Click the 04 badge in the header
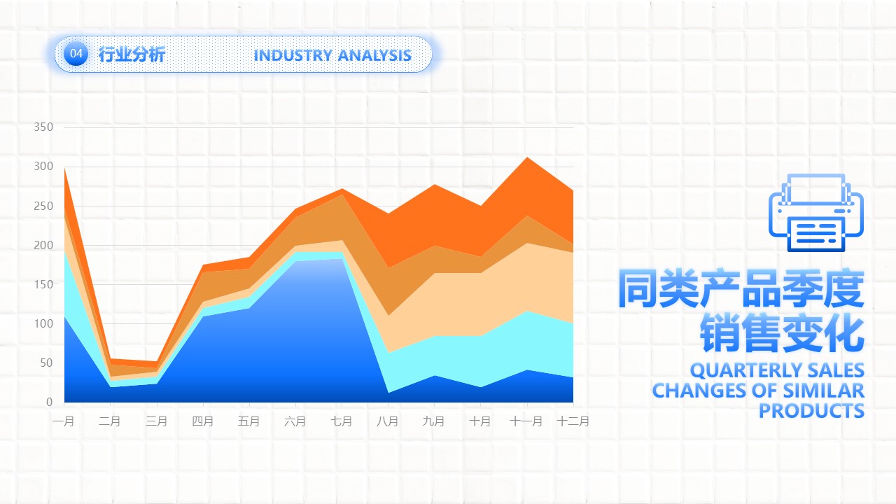tap(76, 53)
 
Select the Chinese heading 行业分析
tap(132, 55)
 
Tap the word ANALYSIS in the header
tap(374, 55)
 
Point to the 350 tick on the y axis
tap(43, 127)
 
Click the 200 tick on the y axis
tap(43, 245)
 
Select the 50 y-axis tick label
tap(46, 363)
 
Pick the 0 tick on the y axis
tap(49, 402)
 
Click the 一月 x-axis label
tap(63, 421)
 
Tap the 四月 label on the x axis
tap(202, 421)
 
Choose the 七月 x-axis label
tap(341, 421)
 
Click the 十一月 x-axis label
tap(526, 421)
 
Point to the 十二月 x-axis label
tap(573, 421)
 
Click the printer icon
tap(816, 212)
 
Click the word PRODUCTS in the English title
tap(811, 411)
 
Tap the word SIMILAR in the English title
tap(824, 391)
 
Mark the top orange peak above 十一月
tap(527, 157)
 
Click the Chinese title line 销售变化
tap(782, 332)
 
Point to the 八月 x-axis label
tap(388, 421)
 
